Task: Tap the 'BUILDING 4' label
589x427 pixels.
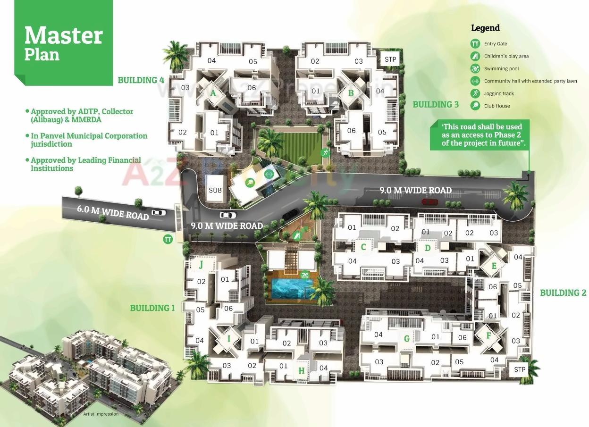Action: pos(141,80)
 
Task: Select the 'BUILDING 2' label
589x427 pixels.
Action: pos(563,293)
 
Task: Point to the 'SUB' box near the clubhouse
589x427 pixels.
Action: pos(215,191)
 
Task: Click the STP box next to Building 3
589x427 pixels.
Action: pos(390,60)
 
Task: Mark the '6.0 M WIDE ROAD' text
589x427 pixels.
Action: pos(113,213)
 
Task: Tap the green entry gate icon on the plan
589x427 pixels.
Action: pos(168,239)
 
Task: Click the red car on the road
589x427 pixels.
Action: pos(429,202)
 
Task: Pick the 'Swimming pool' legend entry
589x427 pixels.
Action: pos(501,69)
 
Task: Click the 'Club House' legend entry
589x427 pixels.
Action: pos(496,106)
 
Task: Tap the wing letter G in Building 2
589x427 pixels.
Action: pos(406,338)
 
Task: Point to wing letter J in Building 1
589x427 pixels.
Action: pos(201,265)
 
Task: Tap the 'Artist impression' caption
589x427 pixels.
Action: pos(101,414)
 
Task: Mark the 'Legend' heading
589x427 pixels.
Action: pos(485,28)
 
